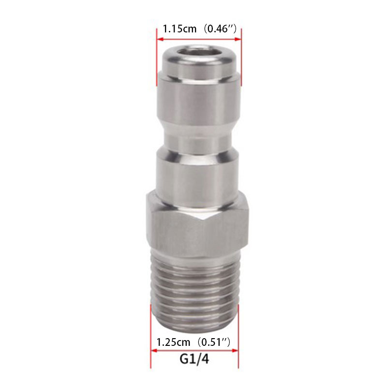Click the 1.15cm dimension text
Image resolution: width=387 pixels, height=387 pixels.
coord(179,29)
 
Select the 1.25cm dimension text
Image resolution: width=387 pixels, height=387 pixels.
coord(174,342)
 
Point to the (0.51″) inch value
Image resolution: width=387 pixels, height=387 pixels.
coord(214,342)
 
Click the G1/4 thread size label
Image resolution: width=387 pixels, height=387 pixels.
coord(194,359)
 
